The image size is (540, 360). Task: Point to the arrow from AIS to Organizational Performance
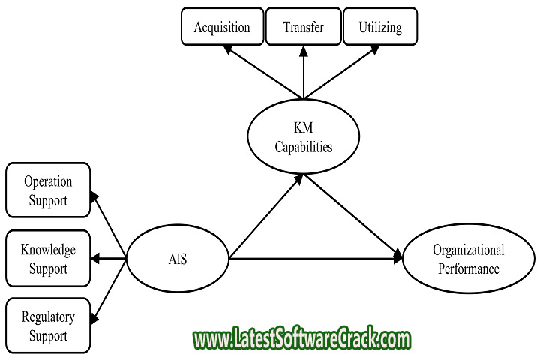pos(316,258)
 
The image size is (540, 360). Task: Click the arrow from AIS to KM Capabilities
pos(266,216)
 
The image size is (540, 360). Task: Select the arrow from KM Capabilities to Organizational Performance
pos(352,217)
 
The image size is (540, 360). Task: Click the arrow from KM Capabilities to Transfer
pos(304,72)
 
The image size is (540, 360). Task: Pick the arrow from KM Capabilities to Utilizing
pos(342,72)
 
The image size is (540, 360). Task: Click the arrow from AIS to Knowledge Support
pos(109,258)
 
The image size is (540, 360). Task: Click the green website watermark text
pos(301,338)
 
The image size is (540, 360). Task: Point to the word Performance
pos(469,268)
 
